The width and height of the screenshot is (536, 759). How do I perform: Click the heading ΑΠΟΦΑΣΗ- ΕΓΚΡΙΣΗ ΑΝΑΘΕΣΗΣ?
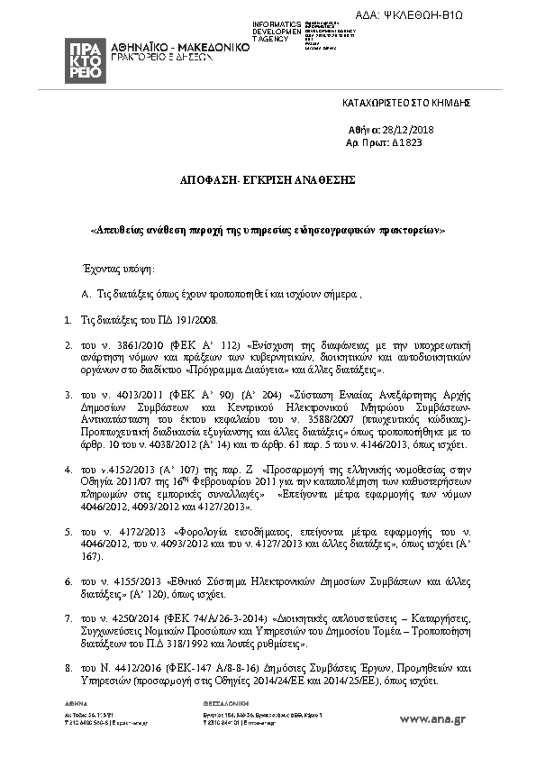point(267,180)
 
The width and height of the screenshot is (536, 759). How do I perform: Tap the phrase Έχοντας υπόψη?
point(118,269)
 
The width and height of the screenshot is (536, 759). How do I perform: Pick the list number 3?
point(68,394)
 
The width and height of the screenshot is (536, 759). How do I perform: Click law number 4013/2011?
point(124,394)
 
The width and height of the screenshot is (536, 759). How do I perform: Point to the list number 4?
point(68,469)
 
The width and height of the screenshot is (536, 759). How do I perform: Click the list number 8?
point(68,668)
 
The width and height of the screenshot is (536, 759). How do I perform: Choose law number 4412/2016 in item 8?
point(131,668)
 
